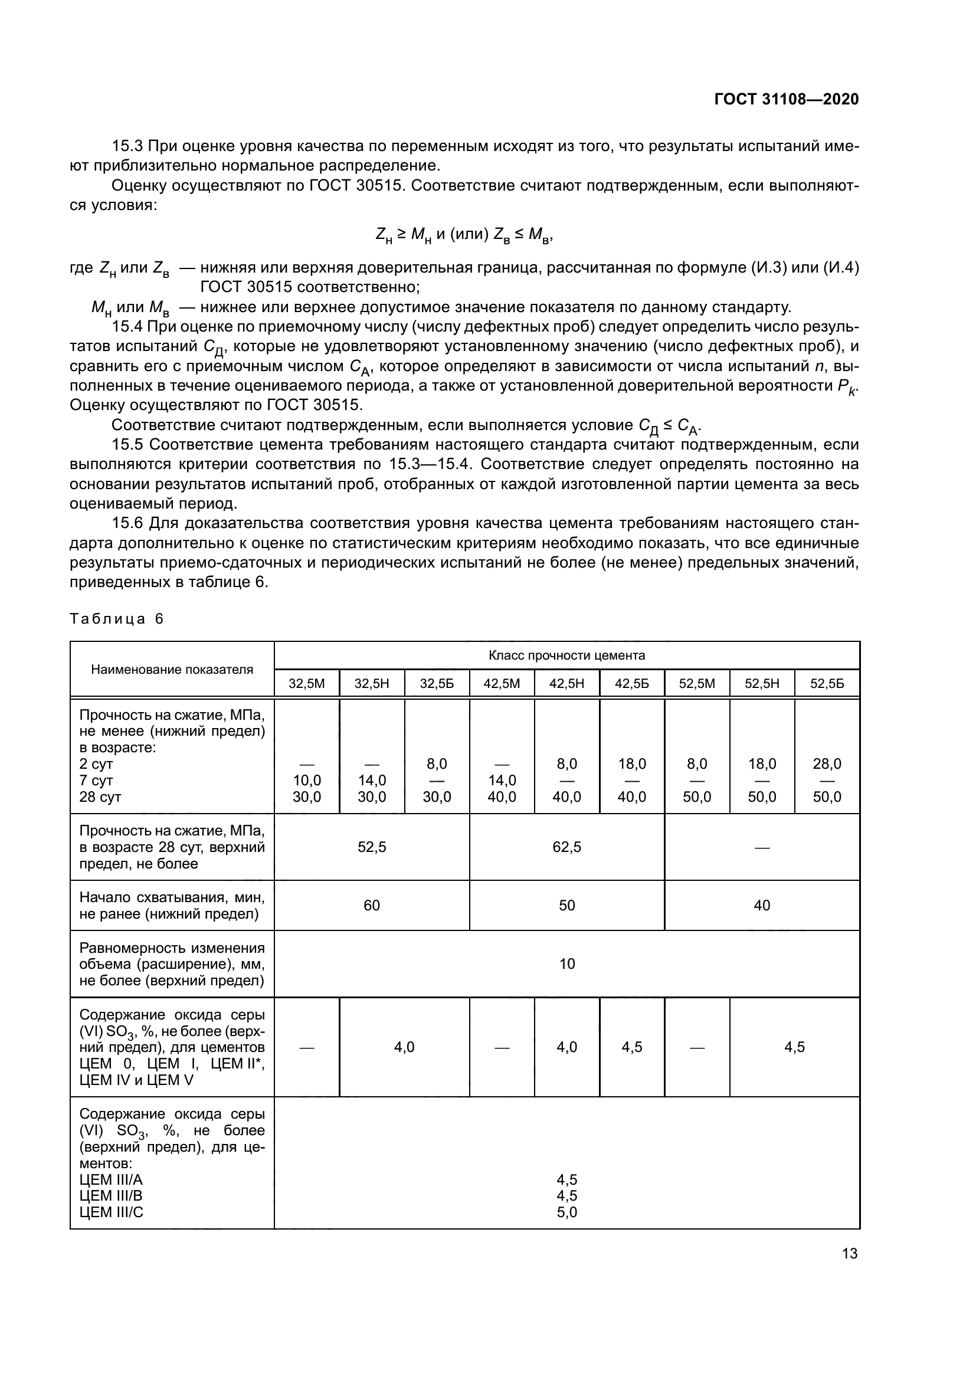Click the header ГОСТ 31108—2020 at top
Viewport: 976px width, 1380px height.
coord(786,99)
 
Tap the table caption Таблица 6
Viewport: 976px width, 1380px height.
coord(117,619)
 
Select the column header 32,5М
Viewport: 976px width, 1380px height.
coord(306,683)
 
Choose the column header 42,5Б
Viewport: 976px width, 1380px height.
coord(631,683)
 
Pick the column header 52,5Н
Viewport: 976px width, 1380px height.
coord(762,683)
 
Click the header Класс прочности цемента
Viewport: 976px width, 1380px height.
coord(566,655)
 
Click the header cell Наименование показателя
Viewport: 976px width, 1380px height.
coord(172,670)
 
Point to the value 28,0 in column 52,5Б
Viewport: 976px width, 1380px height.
coord(827,764)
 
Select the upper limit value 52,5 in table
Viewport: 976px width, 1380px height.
coord(372,847)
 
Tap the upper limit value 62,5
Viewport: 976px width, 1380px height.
coord(566,847)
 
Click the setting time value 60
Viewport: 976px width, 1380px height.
coord(372,905)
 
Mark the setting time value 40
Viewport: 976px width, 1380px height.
coord(762,905)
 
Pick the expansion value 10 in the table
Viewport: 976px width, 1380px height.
coord(566,964)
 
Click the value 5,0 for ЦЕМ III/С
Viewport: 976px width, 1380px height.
coord(566,1212)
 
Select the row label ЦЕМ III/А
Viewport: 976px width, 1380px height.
coord(111,1179)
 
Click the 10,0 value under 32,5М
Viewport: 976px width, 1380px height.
coord(306,780)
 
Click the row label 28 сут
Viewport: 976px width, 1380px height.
coord(100,797)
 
